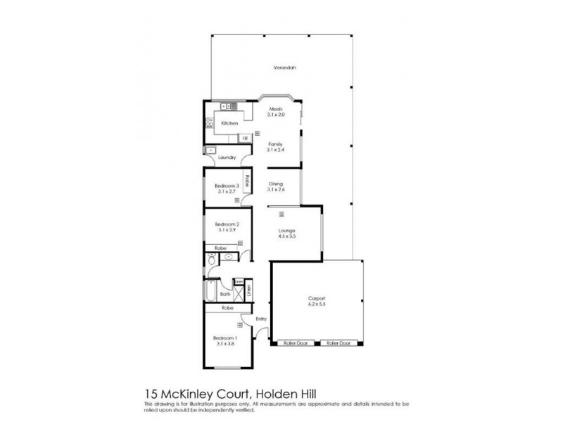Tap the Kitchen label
230,123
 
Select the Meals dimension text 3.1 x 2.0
276,115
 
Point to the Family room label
274,143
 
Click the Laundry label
226,158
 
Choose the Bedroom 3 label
227,186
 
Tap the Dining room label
275,184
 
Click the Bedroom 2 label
227,224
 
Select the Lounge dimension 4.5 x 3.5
286,236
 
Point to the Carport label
316,299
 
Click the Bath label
226,295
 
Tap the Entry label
261,319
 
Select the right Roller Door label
337,343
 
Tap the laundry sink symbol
211,150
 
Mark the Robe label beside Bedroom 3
247,179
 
